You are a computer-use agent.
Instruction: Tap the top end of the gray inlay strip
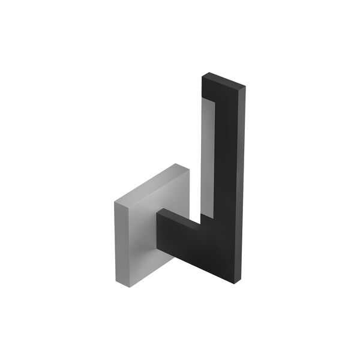click(206, 103)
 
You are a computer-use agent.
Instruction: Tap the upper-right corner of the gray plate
click(189, 169)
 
